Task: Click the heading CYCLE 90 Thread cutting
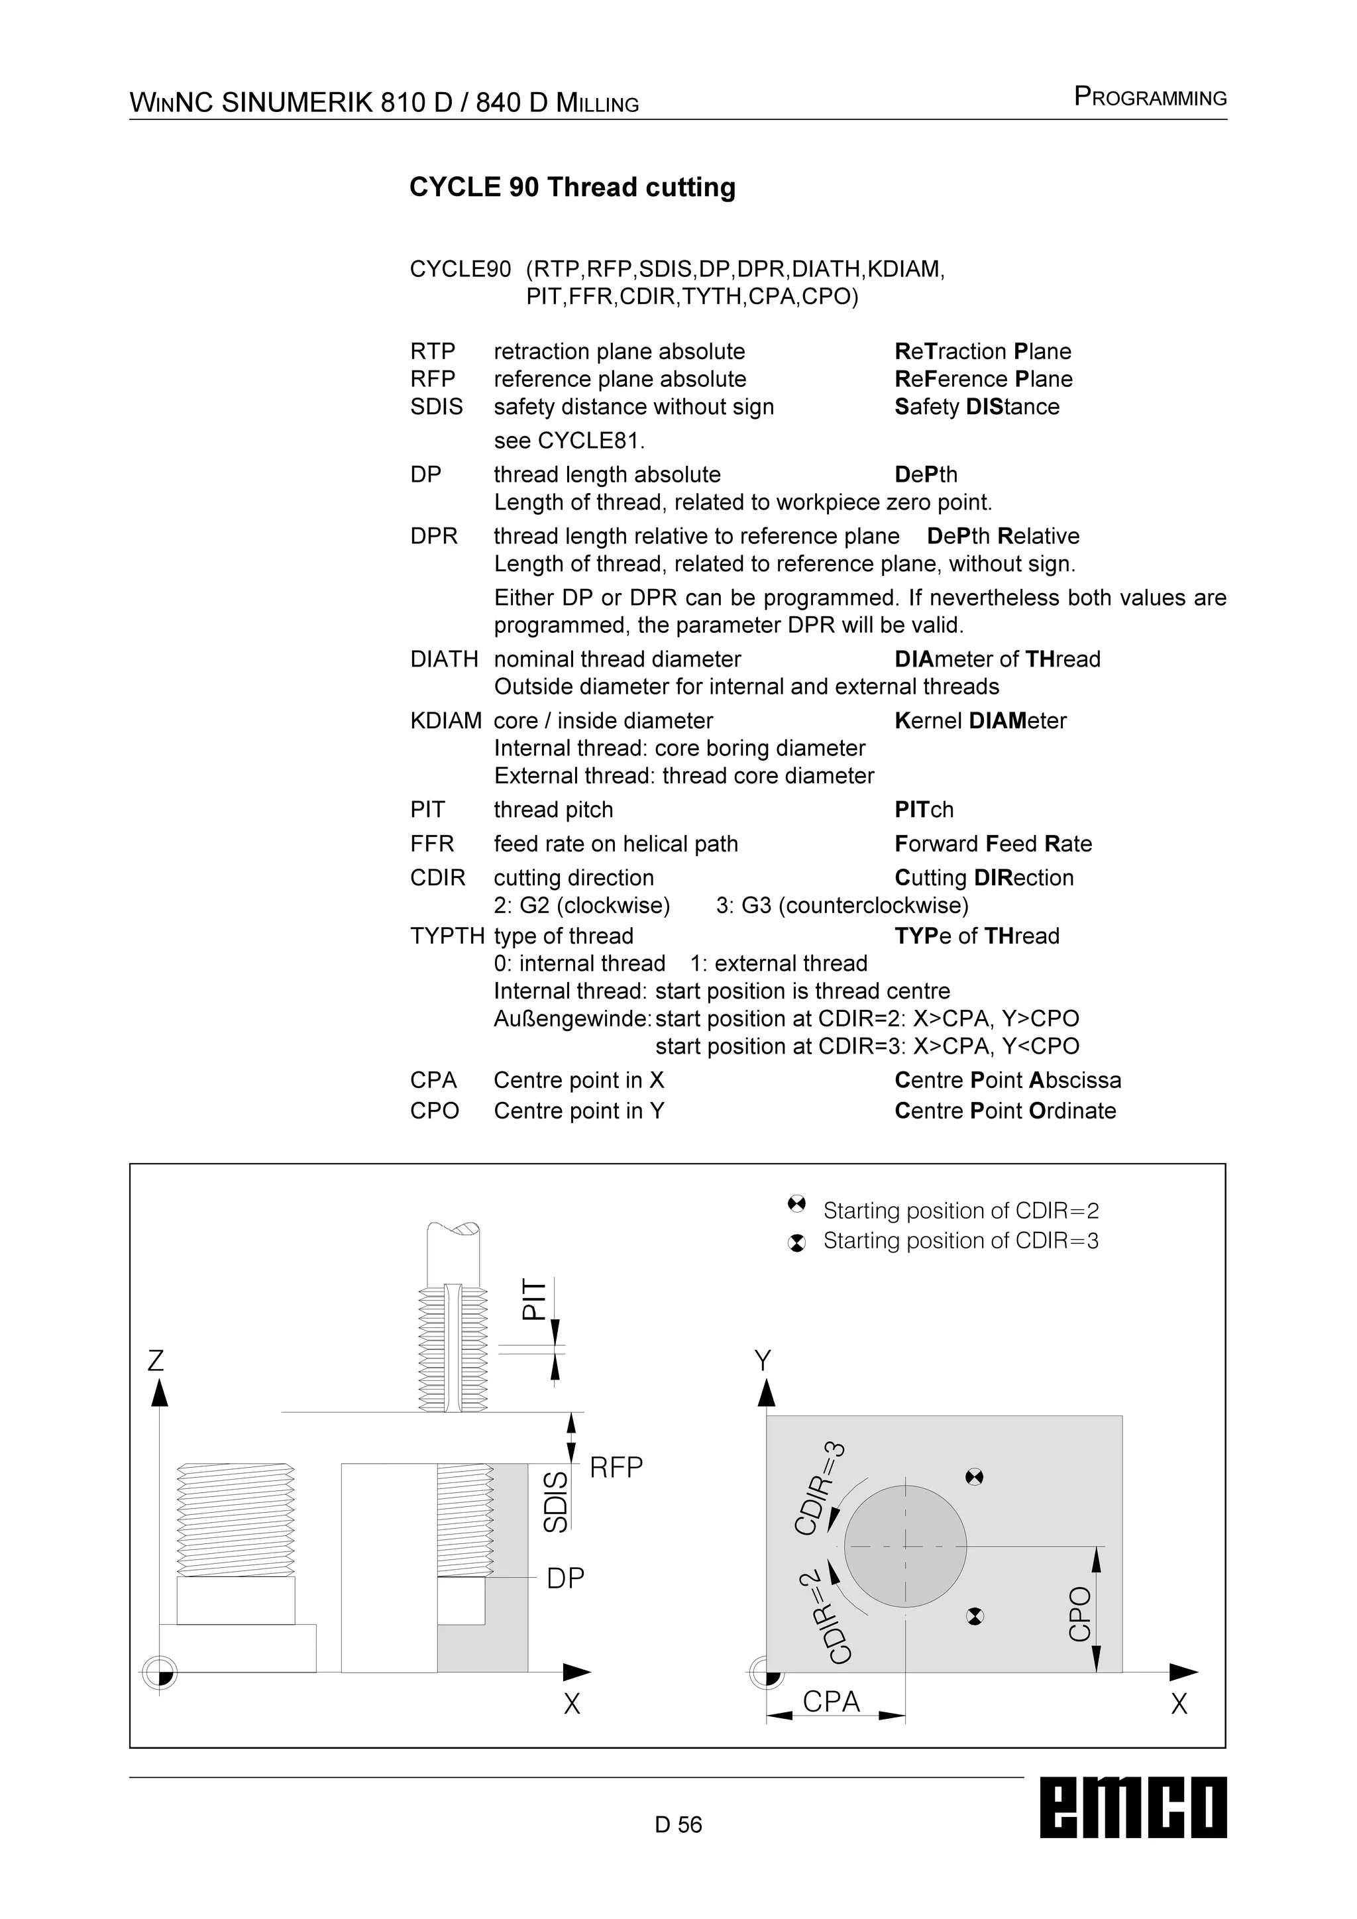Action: (572, 188)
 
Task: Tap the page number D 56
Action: (678, 1824)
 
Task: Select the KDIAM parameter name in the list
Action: (445, 720)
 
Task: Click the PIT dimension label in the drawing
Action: (533, 1299)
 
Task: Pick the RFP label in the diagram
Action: (616, 1468)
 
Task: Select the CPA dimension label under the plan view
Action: (831, 1702)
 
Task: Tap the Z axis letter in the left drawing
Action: (156, 1362)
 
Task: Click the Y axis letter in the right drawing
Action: (763, 1362)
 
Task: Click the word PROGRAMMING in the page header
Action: (1150, 98)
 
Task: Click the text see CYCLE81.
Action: (569, 441)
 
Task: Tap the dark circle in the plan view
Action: (905, 1546)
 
